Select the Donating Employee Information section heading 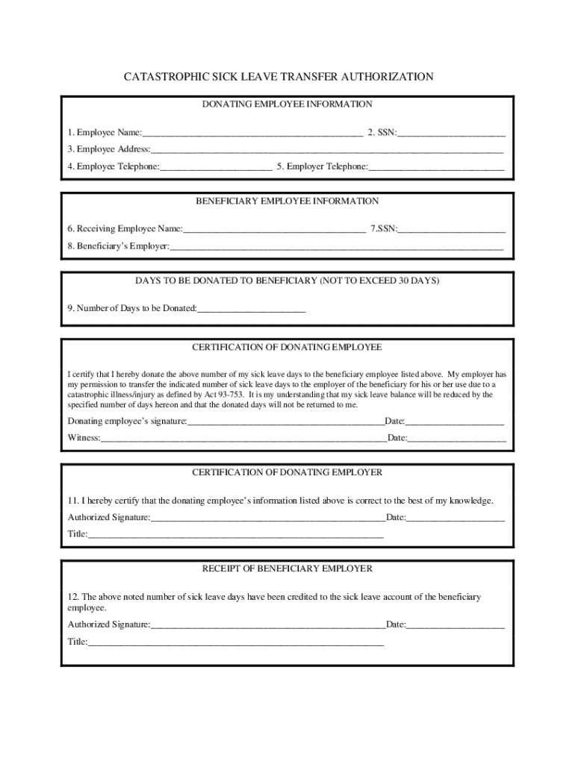click(x=287, y=104)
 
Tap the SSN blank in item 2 click(x=452, y=134)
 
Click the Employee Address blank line click(x=327, y=150)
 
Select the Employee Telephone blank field click(x=216, y=168)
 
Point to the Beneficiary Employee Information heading click(x=287, y=201)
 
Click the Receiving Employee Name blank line click(x=274, y=229)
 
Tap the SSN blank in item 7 click(x=452, y=229)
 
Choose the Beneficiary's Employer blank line click(x=336, y=247)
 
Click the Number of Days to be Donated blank click(x=251, y=309)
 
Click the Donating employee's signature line click(x=285, y=422)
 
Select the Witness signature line click(x=243, y=439)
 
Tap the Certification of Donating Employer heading click(x=287, y=473)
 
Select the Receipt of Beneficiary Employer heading click(x=287, y=569)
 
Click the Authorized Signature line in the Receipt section click(x=267, y=625)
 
